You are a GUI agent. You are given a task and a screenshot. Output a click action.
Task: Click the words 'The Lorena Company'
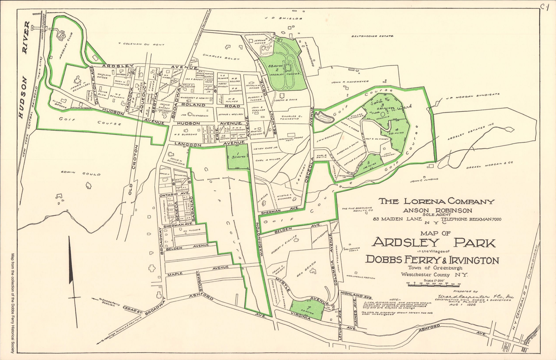click(436, 202)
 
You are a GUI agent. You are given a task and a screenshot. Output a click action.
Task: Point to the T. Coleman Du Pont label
click(141, 44)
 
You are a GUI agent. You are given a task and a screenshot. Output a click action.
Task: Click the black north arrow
click(71, 259)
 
